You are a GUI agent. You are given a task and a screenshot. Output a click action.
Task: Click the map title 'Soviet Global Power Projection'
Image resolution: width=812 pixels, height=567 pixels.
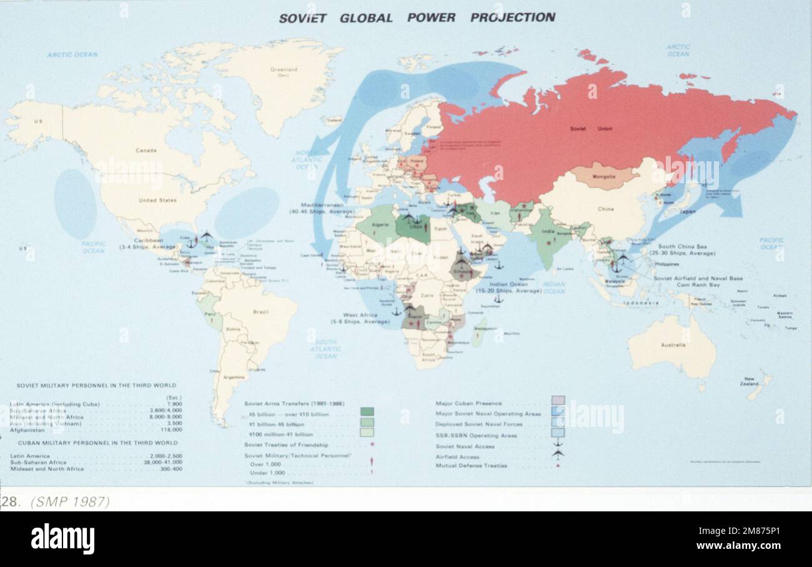pyautogui.click(x=417, y=18)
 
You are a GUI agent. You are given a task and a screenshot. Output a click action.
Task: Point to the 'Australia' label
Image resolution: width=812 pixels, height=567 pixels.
pyautogui.click(x=673, y=345)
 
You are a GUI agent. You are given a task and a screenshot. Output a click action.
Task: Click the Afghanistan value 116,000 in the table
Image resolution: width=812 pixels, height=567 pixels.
pyautogui.click(x=171, y=430)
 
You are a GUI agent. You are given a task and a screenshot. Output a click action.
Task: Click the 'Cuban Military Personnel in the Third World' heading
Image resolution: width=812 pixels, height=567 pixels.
pyautogui.click(x=97, y=443)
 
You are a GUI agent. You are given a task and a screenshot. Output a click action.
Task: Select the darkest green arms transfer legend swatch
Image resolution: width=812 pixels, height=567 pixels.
pyautogui.click(x=367, y=412)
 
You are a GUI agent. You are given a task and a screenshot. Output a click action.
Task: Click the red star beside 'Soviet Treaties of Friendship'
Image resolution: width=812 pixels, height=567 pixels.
pyautogui.click(x=372, y=444)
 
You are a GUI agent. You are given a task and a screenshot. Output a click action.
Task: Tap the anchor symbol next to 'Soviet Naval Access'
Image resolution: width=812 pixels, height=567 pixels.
pyautogui.click(x=557, y=444)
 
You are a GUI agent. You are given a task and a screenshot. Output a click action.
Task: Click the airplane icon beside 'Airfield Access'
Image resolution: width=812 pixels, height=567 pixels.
pyautogui.click(x=557, y=455)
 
